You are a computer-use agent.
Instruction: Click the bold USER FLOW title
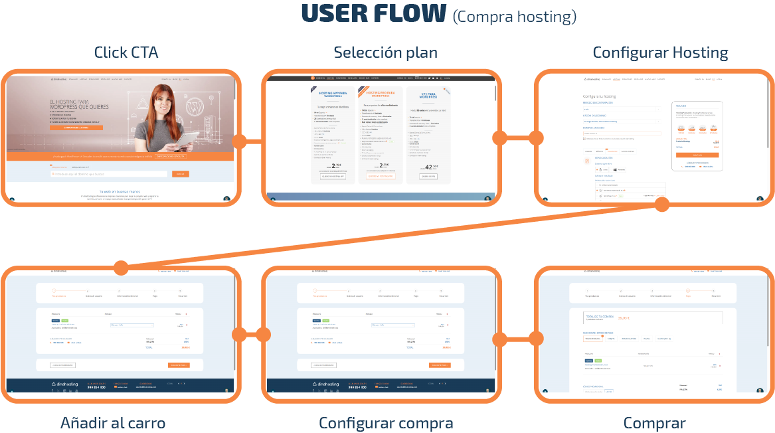374,14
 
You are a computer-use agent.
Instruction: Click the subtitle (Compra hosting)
514,16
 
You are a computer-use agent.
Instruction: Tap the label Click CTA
126,52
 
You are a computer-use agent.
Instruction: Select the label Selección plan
385,52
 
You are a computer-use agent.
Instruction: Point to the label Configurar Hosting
660,52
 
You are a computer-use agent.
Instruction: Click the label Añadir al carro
113,423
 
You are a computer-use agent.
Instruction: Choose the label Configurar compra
386,423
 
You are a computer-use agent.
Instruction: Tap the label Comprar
654,423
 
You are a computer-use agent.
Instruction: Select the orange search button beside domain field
180,174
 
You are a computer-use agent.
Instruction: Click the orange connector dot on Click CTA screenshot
240,141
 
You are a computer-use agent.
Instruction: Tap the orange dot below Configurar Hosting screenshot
661,205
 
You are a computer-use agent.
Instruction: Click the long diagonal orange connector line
392,236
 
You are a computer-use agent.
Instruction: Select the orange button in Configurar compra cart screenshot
440,365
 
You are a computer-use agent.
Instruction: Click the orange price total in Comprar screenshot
624,318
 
